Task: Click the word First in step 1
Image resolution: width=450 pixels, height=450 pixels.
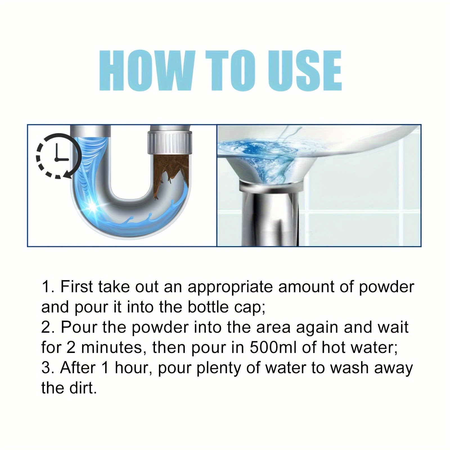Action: coord(77,287)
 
